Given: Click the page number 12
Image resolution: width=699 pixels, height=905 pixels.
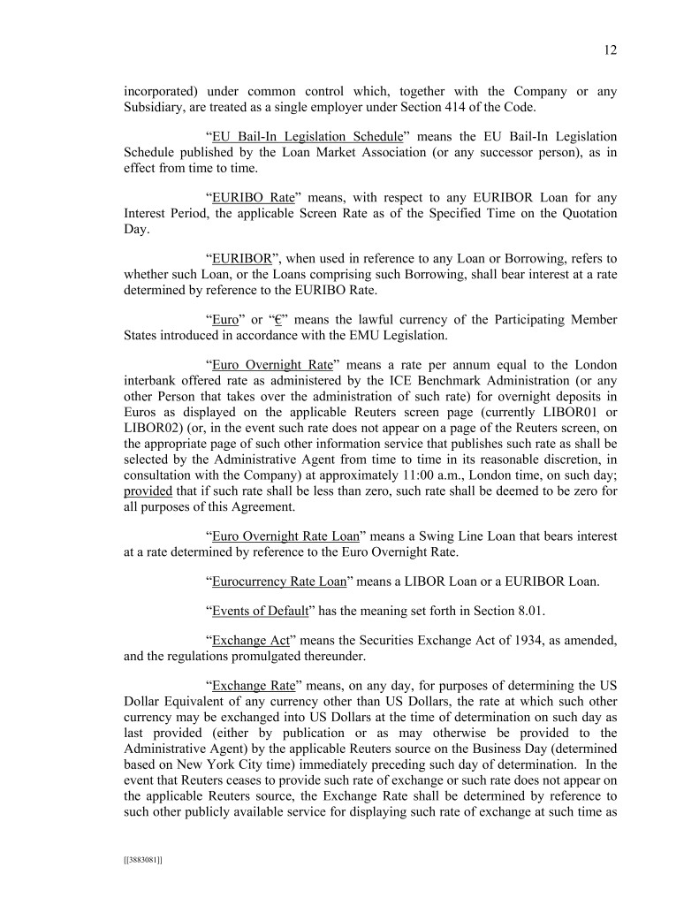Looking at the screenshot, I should (611, 50).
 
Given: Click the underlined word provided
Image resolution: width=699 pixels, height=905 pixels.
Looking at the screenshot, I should (148, 493).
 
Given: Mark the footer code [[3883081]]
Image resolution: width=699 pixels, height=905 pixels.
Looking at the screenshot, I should (142, 856).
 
